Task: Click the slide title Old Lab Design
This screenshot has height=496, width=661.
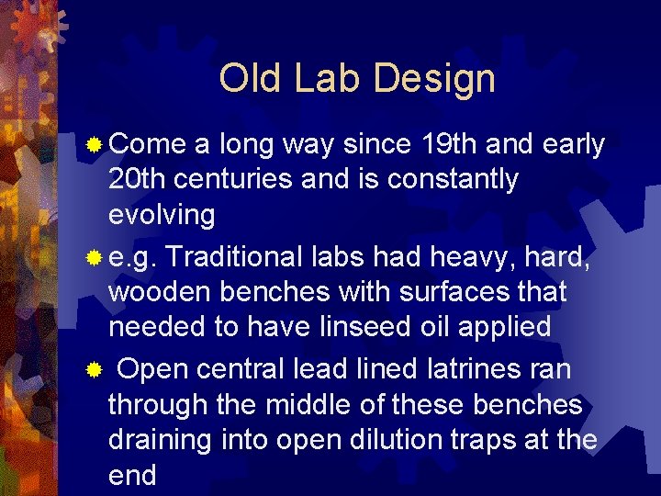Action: point(357,79)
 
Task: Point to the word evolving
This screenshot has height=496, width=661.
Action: point(162,216)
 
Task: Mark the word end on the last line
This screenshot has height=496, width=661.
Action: point(132,475)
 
